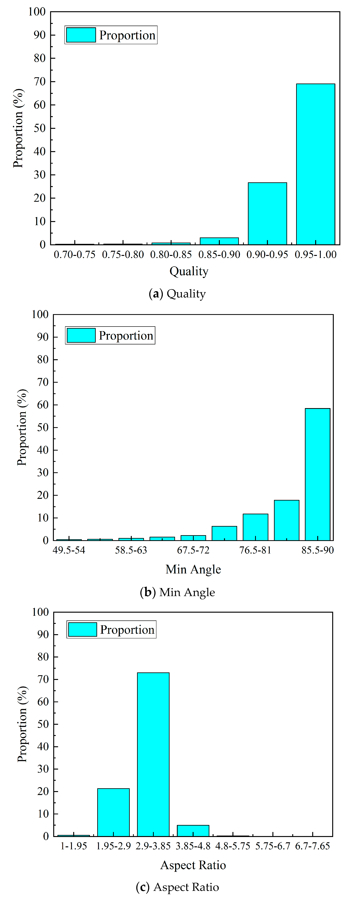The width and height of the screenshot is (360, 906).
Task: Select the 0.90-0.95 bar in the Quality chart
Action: (267, 213)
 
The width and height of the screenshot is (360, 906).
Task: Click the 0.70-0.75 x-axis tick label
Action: (74, 255)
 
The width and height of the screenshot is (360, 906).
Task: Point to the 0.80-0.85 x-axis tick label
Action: (171, 255)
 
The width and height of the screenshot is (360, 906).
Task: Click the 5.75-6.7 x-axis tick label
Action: (273, 846)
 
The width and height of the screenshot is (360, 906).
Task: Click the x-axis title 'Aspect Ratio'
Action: (193, 865)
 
